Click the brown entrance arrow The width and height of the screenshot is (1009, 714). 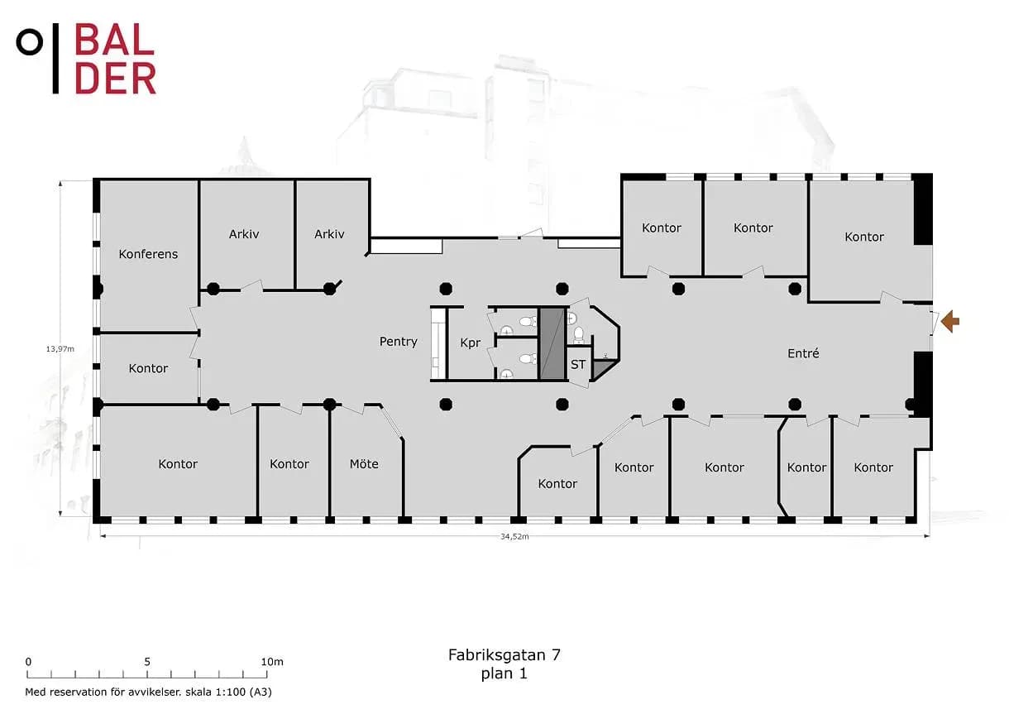950,322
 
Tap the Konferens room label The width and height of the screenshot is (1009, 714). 148,254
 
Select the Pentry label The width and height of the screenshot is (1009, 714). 398,342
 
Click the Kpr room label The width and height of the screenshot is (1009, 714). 471,343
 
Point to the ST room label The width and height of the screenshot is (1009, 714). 578,364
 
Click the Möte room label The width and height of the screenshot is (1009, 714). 364,463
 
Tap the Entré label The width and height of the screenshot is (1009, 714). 803,353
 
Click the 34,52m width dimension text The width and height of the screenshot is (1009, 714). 514,536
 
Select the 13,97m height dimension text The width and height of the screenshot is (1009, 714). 60,348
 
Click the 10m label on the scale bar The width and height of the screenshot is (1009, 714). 272,662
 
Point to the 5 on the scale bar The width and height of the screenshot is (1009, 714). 147,662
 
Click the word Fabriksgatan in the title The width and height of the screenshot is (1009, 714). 496,655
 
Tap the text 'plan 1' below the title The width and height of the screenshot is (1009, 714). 504,674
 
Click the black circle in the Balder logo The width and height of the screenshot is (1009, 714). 29,42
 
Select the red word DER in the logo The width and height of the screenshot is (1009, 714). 115,79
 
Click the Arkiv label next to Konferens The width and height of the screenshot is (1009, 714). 244,234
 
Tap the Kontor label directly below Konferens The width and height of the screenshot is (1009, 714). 148,368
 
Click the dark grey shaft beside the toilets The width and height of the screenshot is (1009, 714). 552,343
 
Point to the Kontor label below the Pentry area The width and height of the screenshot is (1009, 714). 557,484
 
